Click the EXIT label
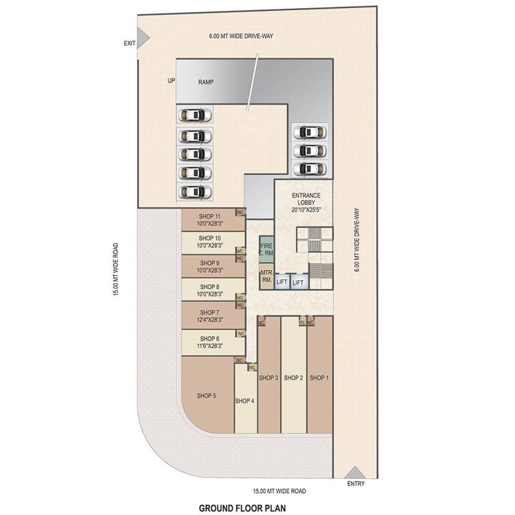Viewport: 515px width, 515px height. point(129,44)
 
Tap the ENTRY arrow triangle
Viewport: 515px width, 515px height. point(354,471)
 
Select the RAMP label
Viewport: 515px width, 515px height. point(205,81)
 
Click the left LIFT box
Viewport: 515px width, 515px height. point(282,282)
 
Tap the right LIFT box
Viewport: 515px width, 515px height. point(298,282)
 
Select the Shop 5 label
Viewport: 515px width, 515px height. point(206,396)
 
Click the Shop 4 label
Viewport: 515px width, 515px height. point(244,401)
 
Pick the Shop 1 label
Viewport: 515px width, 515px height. point(319,378)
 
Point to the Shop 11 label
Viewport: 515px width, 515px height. point(210,216)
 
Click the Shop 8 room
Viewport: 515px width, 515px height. point(208,290)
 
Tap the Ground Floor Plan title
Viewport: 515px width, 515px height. point(241,508)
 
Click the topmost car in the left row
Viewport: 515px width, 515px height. point(194,115)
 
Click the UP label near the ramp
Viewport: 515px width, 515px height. point(171,81)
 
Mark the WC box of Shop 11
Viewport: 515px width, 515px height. point(239,212)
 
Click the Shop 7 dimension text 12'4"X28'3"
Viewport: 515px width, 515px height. point(210,321)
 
